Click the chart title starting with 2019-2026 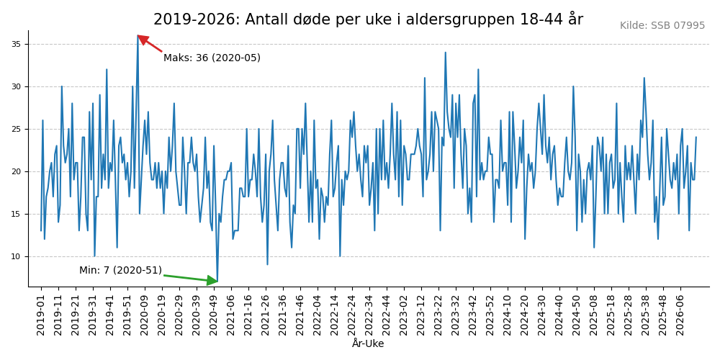click(368, 19)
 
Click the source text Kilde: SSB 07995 click(662, 26)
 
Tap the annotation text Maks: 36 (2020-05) click(212, 58)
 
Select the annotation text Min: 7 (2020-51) click(120, 271)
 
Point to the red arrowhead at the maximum click(141, 38)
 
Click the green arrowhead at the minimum click(212, 281)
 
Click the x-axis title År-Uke click(368, 344)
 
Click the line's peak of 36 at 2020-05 click(138, 36)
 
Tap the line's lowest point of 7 click(217, 282)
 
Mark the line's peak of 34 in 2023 click(445, 53)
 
